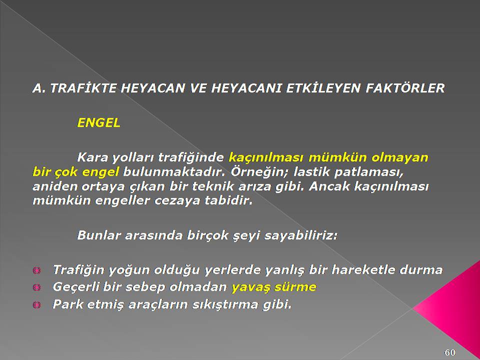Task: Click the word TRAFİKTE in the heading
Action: tap(83, 88)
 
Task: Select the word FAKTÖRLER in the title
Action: tap(405, 88)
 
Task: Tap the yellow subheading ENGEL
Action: tap(98, 123)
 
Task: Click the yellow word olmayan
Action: tap(399, 158)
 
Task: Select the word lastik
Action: tap(311, 172)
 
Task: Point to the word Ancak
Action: tap(329, 186)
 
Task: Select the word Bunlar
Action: tap(98, 235)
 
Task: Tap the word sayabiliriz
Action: tap(300, 235)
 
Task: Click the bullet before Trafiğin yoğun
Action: tap(36, 270)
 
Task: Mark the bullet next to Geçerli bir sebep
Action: tap(36, 287)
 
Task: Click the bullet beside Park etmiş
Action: tap(36, 305)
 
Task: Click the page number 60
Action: tap(449, 352)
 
